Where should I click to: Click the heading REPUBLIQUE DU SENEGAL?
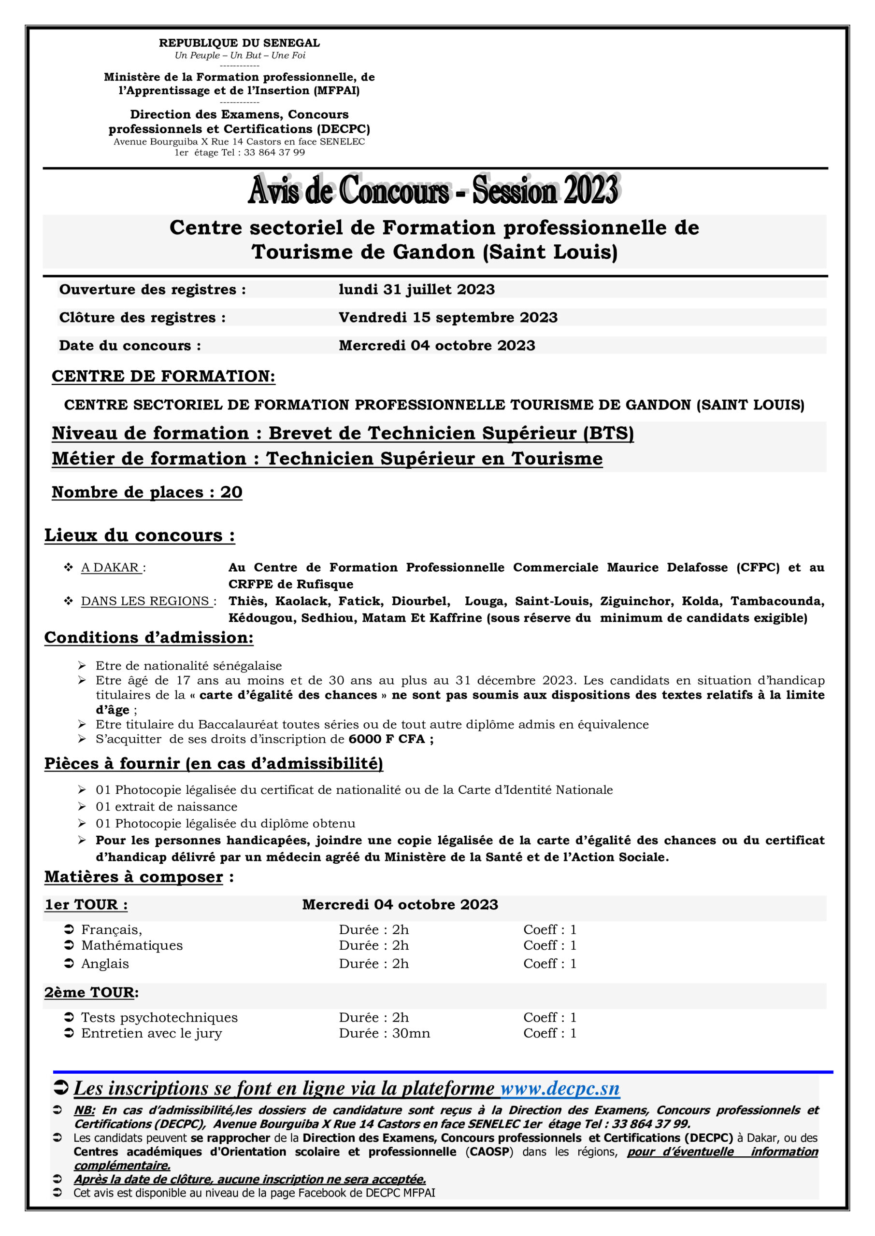pos(239,43)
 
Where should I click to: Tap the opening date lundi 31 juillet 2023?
pos(416,290)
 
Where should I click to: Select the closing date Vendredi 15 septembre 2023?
pos(448,318)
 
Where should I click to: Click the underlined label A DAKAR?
pos(111,567)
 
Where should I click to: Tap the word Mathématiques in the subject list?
pos(132,945)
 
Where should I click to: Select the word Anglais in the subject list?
pos(105,964)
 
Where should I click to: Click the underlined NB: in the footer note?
pos(85,1110)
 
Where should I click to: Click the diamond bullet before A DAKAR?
pos(69,567)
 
